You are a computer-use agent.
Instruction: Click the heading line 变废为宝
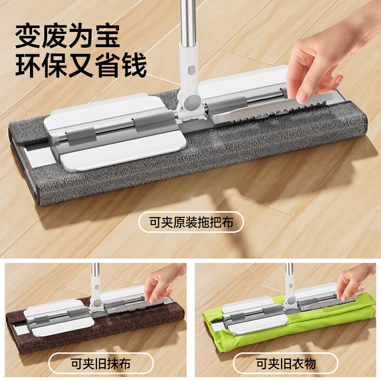click(x=68, y=36)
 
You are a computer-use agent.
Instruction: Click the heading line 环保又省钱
click(x=81, y=65)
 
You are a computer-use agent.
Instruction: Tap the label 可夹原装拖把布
click(x=191, y=222)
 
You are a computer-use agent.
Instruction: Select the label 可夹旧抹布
click(x=101, y=364)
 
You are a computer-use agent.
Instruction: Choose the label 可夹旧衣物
click(x=286, y=364)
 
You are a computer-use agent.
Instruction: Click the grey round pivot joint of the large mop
click(x=192, y=102)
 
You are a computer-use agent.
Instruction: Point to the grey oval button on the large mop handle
click(x=191, y=70)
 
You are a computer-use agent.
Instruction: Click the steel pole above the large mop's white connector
click(x=188, y=21)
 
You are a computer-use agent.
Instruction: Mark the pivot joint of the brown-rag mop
click(x=98, y=302)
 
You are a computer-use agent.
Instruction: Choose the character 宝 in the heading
click(x=108, y=36)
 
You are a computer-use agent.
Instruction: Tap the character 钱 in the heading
click(x=134, y=65)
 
